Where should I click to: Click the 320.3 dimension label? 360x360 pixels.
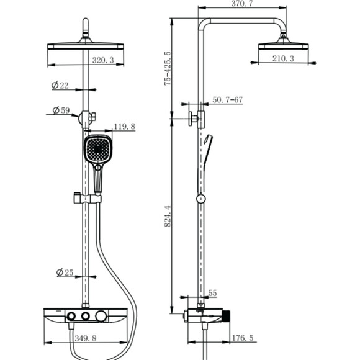point(103,60)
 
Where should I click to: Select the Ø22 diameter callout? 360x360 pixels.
point(60,86)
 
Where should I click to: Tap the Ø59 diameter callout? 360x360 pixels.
point(61,110)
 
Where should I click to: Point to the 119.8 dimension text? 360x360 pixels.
point(125,127)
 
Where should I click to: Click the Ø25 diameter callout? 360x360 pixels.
point(65,272)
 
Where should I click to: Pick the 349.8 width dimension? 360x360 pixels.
point(86,338)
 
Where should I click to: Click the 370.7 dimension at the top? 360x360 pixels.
point(242,4)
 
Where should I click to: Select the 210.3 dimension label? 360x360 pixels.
point(283,58)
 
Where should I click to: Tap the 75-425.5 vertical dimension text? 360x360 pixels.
point(168,68)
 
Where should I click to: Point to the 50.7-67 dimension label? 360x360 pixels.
point(227,100)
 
